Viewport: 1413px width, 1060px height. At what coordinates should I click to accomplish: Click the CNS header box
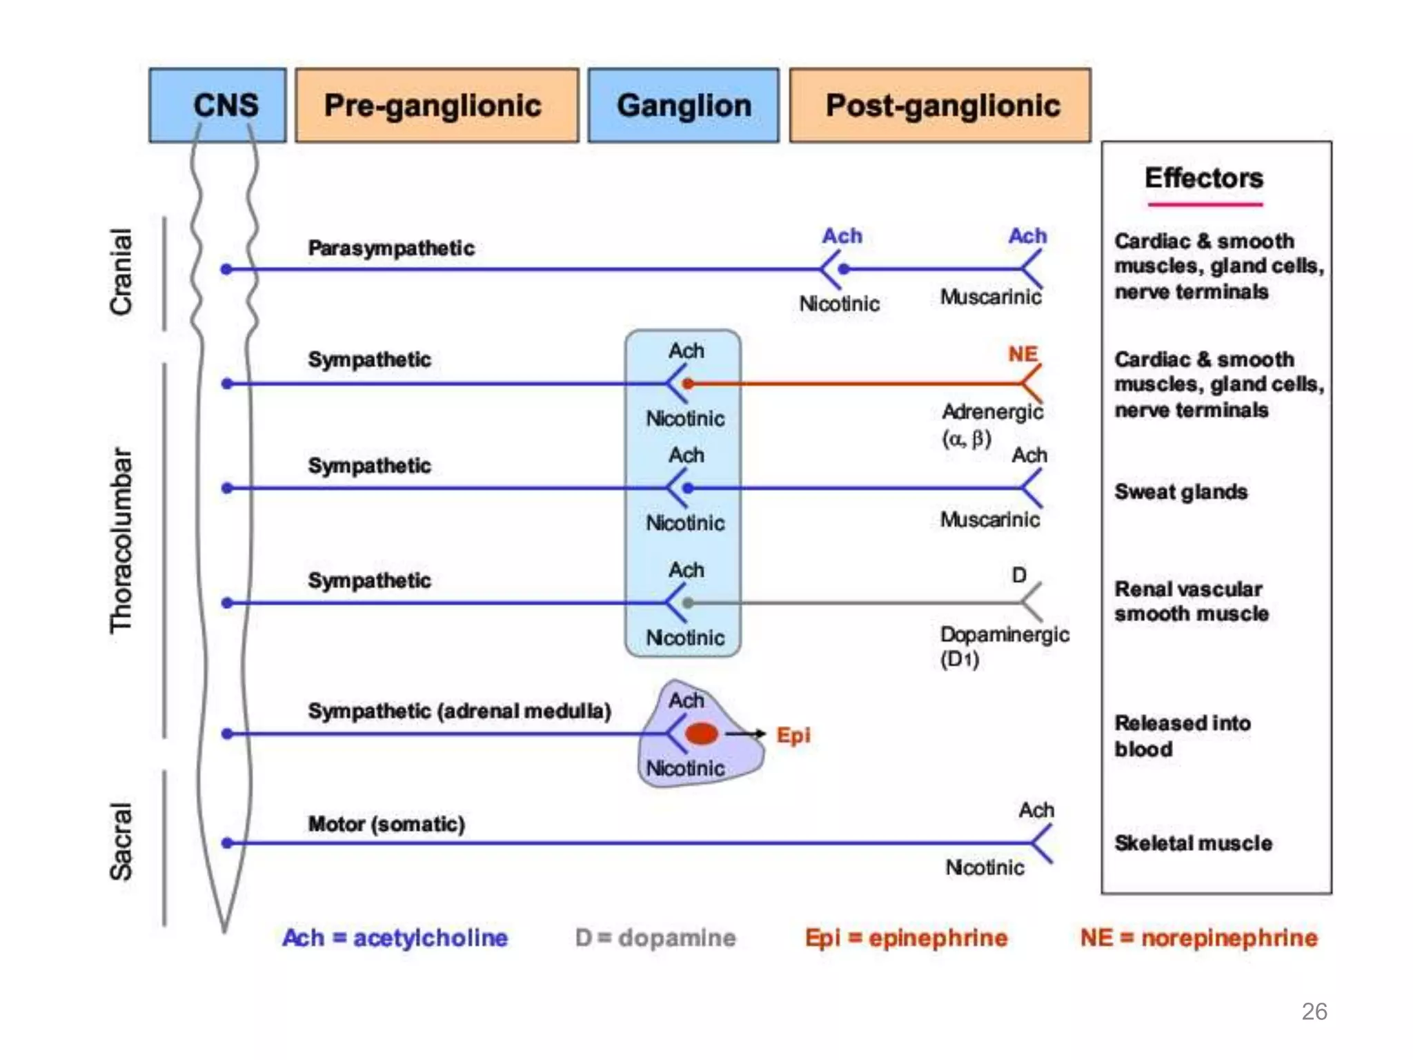pos(217,105)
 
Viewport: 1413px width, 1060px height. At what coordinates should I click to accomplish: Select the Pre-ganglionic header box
pos(436,105)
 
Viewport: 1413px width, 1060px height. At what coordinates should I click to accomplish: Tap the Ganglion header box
pos(683,105)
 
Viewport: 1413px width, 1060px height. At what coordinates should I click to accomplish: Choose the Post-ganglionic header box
pos(940,105)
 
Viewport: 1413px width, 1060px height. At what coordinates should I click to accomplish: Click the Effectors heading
pos(1203,178)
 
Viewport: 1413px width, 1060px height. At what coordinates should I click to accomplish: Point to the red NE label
pos(1022,354)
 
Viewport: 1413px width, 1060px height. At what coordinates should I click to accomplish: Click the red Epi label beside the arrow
pos(793,735)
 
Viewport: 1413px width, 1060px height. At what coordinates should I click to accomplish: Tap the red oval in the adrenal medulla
pos(702,733)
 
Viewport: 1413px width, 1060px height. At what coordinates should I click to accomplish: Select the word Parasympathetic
pos(391,248)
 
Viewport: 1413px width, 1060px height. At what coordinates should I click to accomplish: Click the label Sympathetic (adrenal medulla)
pos(459,711)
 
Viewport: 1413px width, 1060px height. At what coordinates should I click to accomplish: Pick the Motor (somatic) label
pos(386,823)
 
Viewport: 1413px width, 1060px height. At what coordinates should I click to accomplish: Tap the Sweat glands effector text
pos(1180,491)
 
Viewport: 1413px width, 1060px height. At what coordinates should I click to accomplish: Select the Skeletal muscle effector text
pos(1193,843)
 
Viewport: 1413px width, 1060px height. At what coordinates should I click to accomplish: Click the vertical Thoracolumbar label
pos(121,540)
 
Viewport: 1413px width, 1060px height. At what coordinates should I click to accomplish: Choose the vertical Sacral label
pos(121,841)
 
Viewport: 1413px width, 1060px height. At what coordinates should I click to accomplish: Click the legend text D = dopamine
pos(655,937)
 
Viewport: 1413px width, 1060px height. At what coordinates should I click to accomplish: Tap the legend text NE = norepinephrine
pos(1198,937)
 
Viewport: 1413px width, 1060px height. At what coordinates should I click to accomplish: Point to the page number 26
pos(1314,1011)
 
